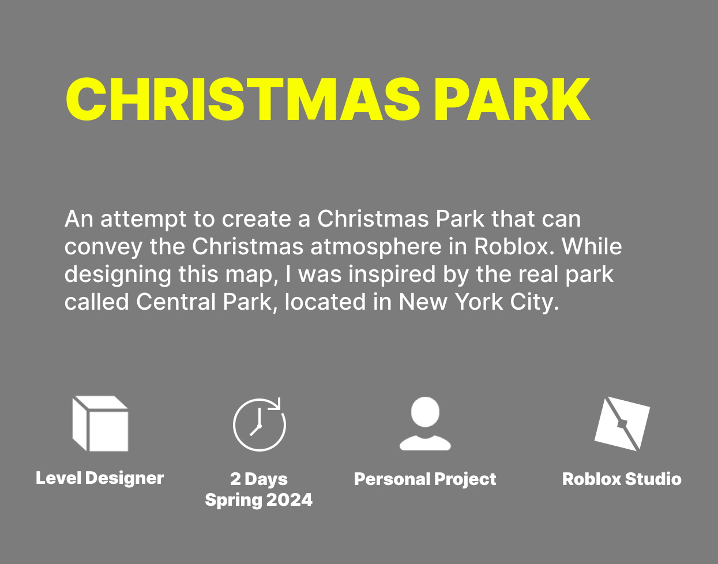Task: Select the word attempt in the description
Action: click(144, 219)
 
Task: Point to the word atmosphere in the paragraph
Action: click(376, 247)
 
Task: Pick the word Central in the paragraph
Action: click(176, 302)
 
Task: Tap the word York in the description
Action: click(479, 302)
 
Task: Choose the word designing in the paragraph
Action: click(118, 275)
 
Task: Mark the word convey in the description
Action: click(103, 247)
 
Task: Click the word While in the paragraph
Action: click(592, 246)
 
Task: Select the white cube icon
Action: click(100, 423)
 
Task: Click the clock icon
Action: click(260, 424)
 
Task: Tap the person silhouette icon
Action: click(425, 423)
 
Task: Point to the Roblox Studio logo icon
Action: click(622, 424)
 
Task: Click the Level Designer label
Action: click(100, 478)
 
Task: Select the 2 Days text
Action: click(259, 479)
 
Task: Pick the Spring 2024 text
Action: click(259, 499)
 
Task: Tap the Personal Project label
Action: click(425, 479)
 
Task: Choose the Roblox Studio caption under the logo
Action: click(622, 479)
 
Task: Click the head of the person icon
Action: click(425, 412)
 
